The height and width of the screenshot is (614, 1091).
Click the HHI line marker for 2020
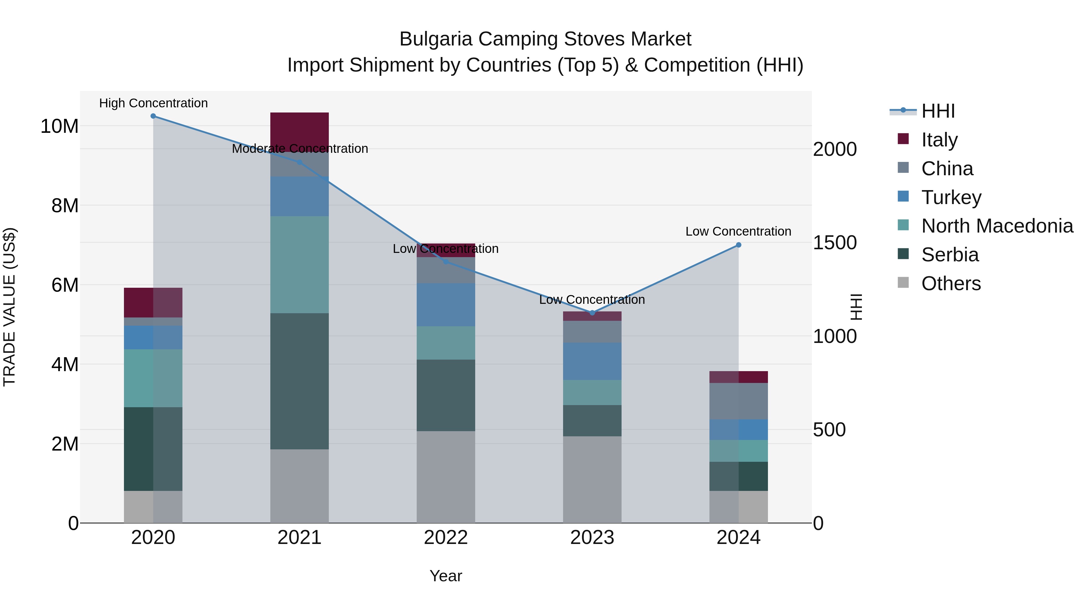(x=153, y=116)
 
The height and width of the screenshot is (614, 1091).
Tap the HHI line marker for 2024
(x=738, y=245)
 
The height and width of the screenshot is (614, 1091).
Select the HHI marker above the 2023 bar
(x=592, y=313)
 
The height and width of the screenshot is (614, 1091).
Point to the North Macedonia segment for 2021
(x=299, y=264)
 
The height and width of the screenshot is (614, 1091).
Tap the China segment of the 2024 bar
(x=738, y=401)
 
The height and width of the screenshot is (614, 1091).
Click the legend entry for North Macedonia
(x=997, y=226)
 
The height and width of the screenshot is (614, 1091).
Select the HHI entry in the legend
(x=938, y=111)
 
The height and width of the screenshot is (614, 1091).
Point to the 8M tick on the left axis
(x=65, y=206)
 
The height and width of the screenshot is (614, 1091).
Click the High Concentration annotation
(x=153, y=103)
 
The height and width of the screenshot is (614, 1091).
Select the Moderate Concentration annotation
(x=300, y=149)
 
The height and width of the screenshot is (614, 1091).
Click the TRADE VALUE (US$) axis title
(x=9, y=307)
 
